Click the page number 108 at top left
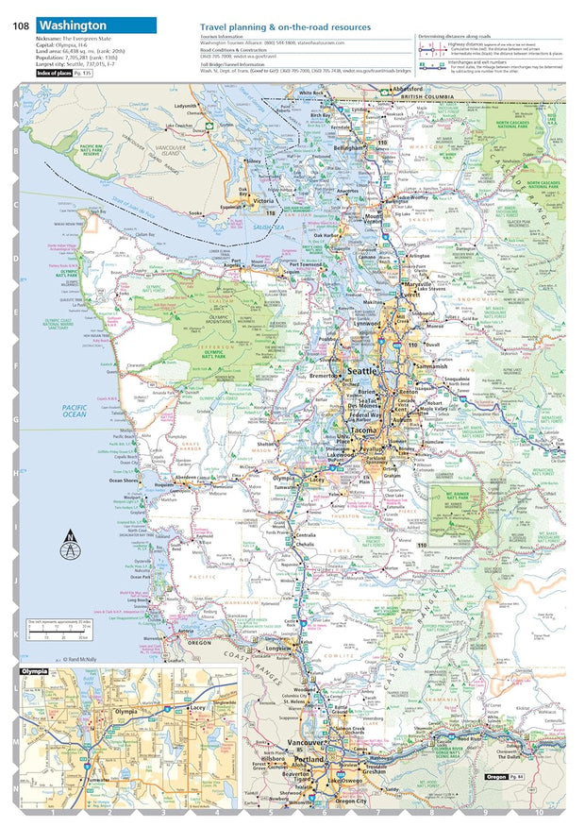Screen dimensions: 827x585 21,25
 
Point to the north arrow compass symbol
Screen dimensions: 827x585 69,547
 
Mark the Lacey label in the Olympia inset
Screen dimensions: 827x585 197,706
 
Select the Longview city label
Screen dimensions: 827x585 278,649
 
